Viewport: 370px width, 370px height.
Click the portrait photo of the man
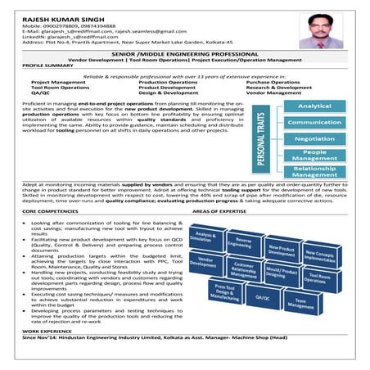coord(319,30)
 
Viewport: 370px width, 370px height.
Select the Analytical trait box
coord(314,106)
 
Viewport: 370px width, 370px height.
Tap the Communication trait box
coord(314,122)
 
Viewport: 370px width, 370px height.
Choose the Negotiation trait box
coord(314,138)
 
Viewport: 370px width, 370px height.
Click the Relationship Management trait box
coord(314,170)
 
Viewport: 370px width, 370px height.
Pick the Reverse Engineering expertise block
coord(240,241)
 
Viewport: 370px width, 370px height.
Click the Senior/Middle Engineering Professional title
coord(185,53)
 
